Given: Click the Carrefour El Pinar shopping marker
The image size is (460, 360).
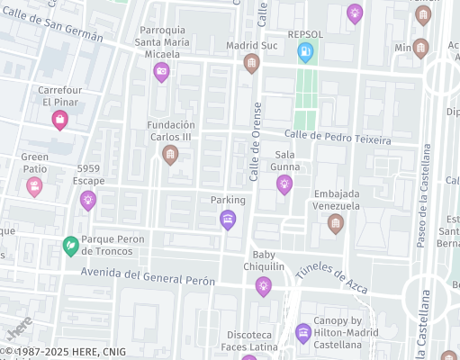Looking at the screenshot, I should (60, 120).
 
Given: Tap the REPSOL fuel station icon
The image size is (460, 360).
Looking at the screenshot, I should (306, 53).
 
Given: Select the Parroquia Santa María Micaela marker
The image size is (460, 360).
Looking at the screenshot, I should (161, 72).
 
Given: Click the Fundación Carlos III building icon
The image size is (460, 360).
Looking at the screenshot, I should (169, 155).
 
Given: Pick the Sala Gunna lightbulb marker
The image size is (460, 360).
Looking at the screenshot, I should (284, 184).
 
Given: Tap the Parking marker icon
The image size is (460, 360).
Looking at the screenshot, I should (228, 219).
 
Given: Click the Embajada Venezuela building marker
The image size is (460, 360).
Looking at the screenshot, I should (336, 223).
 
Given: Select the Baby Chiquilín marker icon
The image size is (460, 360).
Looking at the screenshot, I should (263, 286).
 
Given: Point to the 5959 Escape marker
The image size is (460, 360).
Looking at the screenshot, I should (87, 200).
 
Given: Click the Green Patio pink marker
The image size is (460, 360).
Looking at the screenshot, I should (34, 186).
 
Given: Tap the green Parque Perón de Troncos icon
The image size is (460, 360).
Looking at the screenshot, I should (70, 245).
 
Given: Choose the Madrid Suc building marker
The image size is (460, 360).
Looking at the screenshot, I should (251, 63).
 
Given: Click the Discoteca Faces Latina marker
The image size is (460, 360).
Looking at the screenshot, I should (303, 332).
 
